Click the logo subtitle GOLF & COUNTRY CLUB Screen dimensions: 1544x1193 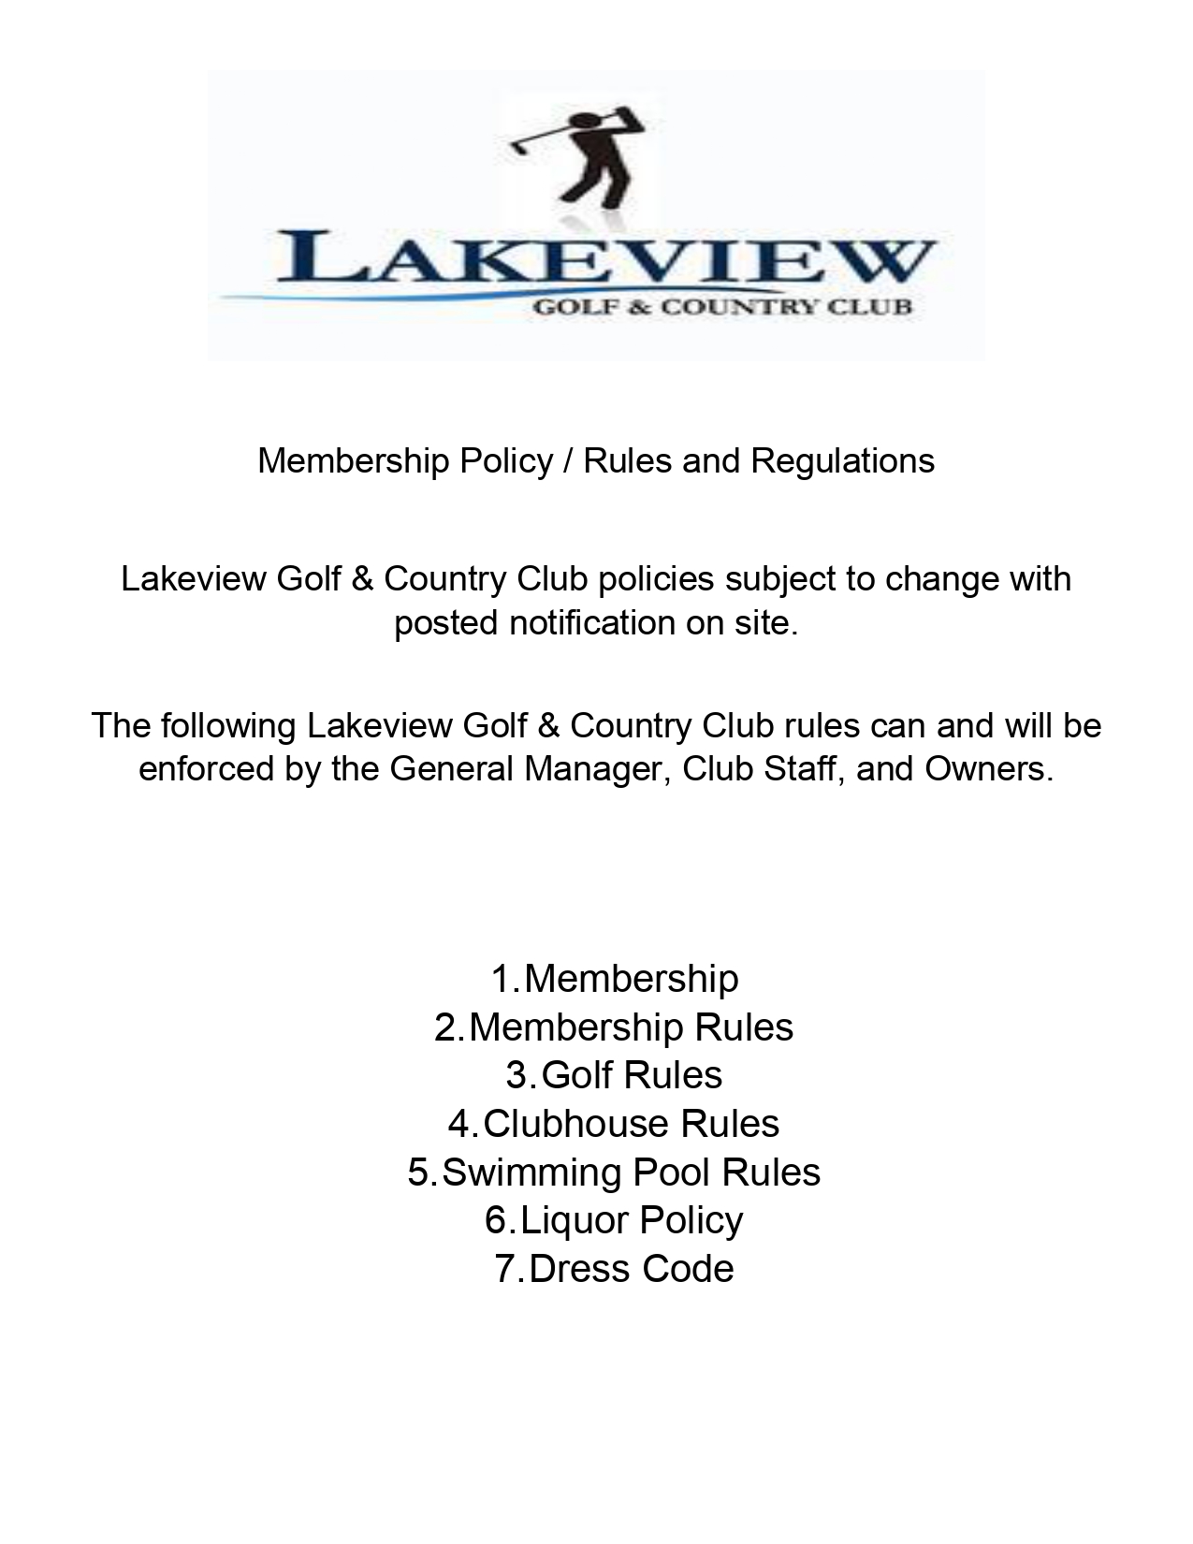721,306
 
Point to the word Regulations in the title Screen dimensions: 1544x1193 842,461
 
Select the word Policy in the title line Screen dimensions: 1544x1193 506,461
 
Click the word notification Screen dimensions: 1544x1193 592,623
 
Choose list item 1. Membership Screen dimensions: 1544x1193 615,979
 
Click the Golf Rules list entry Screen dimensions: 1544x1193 615,1075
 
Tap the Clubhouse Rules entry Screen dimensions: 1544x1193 615,1124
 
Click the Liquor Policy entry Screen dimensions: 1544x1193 615,1220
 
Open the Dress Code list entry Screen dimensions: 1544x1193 615,1269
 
